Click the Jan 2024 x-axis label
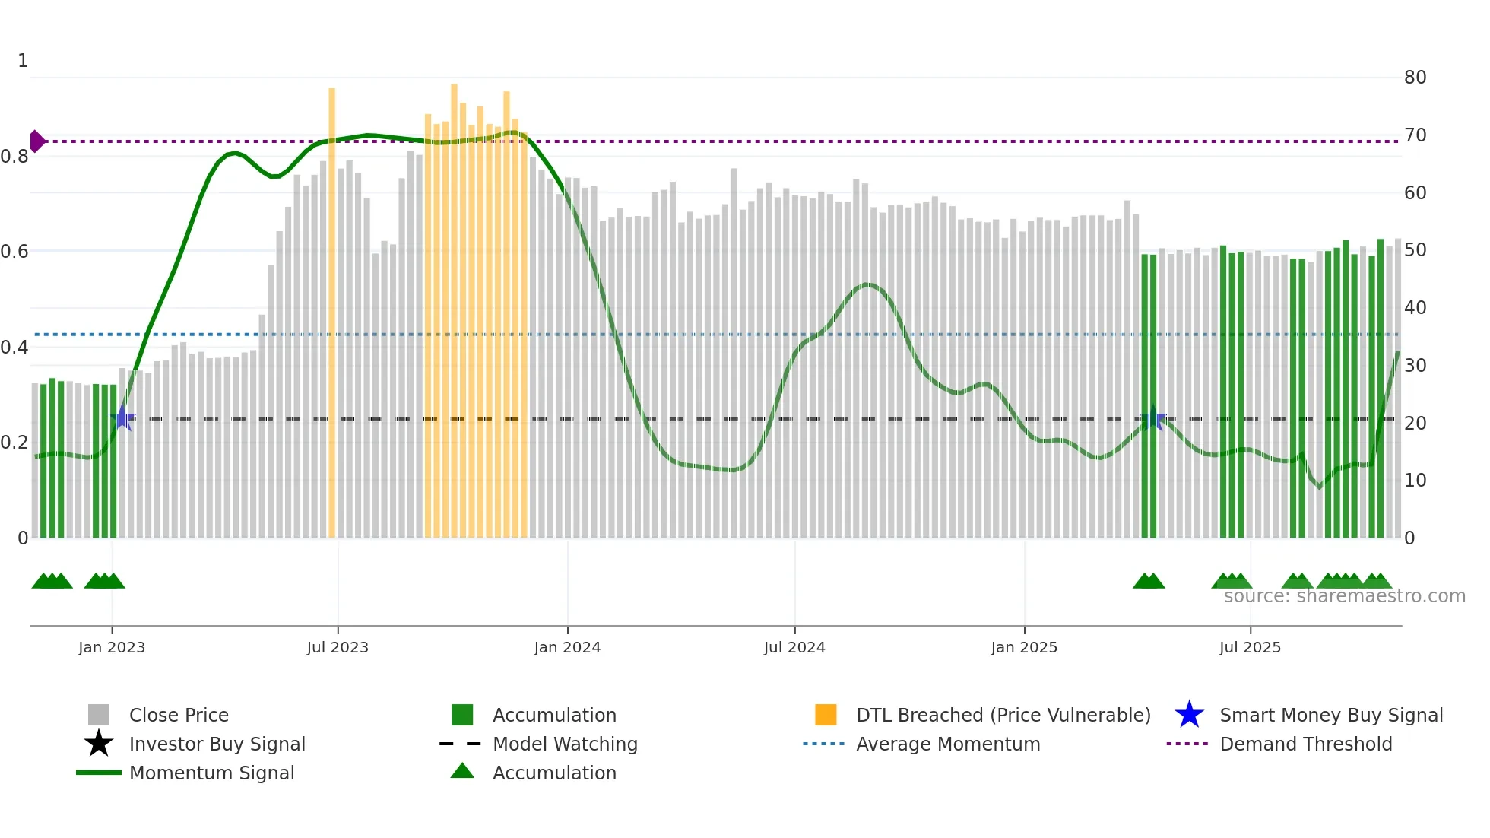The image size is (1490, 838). pyautogui.click(x=567, y=647)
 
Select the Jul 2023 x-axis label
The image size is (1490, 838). pyautogui.click(x=338, y=647)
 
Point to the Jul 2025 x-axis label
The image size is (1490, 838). pyautogui.click(x=1250, y=647)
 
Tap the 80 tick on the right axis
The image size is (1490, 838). pyautogui.click(x=1415, y=78)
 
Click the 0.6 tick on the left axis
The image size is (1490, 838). pyautogui.click(x=14, y=252)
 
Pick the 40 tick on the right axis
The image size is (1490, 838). pyautogui.click(x=1415, y=308)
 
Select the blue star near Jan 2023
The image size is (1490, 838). pyautogui.click(x=123, y=417)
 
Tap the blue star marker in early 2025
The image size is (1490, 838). pyautogui.click(x=1153, y=418)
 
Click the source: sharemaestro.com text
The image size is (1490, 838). pyautogui.click(x=1344, y=596)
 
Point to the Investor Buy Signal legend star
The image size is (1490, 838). pyautogui.click(x=99, y=744)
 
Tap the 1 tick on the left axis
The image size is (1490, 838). pyautogui.click(x=23, y=61)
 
